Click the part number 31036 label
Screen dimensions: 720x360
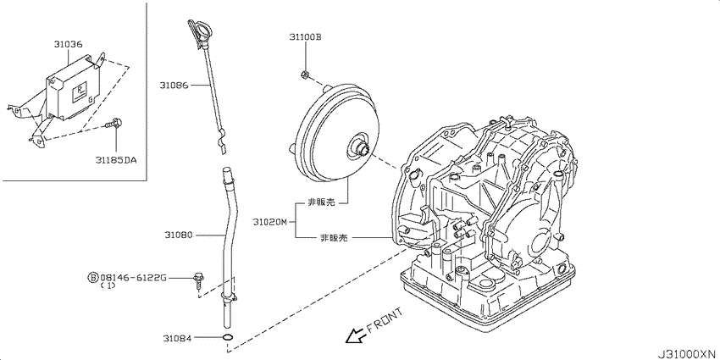(68, 45)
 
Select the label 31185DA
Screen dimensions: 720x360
(116, 160)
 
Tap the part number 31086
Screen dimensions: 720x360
(174, 85)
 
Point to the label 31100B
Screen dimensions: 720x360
(305, 36)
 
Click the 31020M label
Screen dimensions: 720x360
(269, 222)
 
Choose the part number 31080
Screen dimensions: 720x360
(179, 235)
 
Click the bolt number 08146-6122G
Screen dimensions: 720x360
(133, 277)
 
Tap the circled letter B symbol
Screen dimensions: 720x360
(93, 277)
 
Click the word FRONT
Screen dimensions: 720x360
(385, 320)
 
